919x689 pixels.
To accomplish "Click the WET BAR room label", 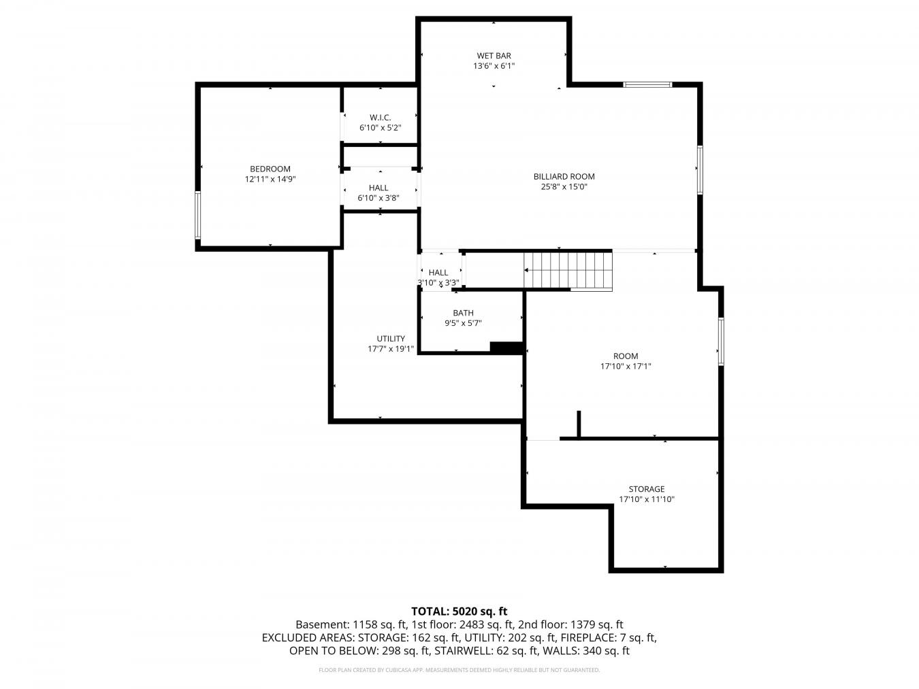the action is (494, 56).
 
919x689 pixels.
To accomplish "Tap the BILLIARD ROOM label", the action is (564, 177).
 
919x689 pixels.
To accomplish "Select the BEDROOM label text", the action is (270, 169).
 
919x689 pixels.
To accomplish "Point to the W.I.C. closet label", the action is (380, 118).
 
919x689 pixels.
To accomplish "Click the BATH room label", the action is (463, 313).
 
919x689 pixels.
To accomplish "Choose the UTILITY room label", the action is (391, 339).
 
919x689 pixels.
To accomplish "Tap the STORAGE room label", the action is (647, 489).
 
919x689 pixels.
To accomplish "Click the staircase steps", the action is (568, 270).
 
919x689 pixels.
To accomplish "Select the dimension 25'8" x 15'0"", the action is (564, 187).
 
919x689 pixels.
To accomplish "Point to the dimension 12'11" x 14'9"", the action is (270, 180).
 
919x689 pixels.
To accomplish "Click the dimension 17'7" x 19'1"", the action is (391, 349).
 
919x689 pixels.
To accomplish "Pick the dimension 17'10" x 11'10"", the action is (647, 499).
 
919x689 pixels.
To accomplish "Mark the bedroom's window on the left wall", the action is (198, 215).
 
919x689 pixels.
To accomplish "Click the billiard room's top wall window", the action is (647, 84).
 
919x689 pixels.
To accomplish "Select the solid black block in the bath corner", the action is (506, 348).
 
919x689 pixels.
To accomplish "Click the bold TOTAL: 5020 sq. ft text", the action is (459, 611).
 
